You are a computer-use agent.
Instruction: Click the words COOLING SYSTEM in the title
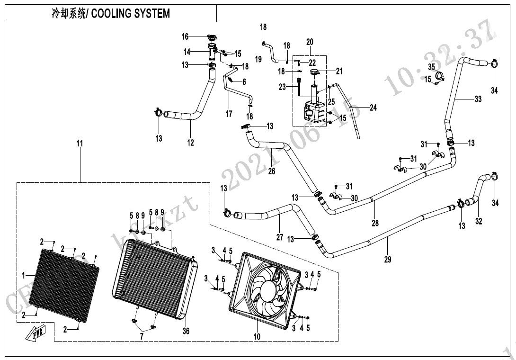click(130, 14)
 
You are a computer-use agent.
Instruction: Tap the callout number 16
click(185, 36)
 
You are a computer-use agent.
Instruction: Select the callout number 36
click(186, 331)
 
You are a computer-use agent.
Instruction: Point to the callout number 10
click(257, 337)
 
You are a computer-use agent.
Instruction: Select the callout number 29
click(388, 259)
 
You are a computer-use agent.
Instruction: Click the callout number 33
click(478, 99)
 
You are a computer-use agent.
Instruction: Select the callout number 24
click(373, 108)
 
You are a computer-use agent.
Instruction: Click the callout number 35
click(431, 65)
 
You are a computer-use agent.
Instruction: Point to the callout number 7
click(141, 337)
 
